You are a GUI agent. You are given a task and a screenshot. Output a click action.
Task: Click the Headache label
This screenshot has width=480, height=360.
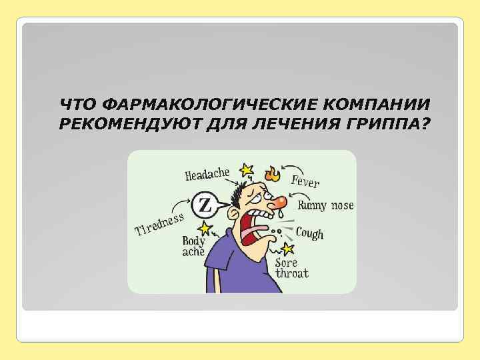pyautogui.click(x=207, y=175)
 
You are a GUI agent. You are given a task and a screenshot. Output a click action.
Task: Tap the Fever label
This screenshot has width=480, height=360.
pyautogui.click(x=306, y=180)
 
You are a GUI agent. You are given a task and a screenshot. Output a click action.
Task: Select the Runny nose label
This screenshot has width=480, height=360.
pyautogui.click(x=325, y=205)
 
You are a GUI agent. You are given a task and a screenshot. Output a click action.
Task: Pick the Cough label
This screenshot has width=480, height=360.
pyautogui.click(x=309, y=233)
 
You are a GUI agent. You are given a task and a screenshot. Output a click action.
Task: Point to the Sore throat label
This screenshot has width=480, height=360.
pyautogui.click(x=292, y=269)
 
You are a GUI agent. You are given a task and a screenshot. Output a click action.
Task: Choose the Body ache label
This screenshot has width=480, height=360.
pyautogui.click(x=194, y=247)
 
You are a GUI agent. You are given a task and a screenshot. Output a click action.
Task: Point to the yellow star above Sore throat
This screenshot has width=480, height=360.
pyautogui.click(x=288, y=249)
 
